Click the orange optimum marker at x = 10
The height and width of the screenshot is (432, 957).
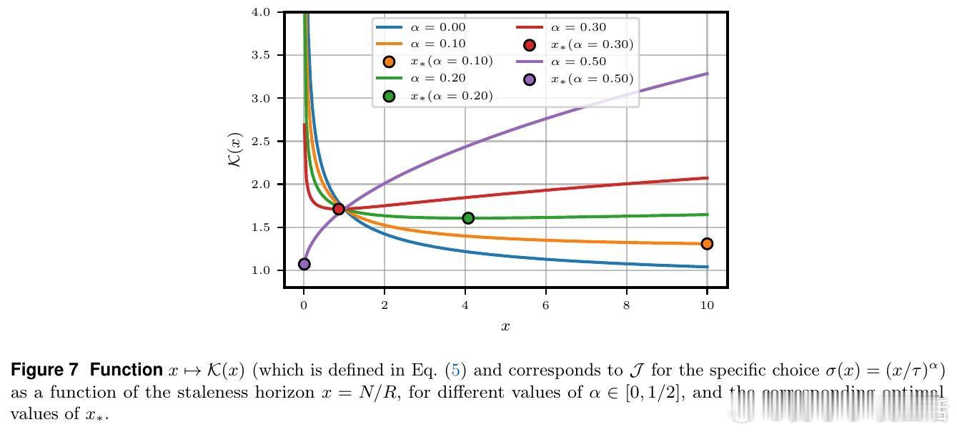707,244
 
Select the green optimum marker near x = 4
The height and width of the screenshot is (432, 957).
468,218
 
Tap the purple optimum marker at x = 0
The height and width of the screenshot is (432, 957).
304,264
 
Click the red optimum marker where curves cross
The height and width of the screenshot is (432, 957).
339,209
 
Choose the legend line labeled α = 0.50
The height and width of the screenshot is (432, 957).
577,62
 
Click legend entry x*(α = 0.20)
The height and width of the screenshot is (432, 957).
451,96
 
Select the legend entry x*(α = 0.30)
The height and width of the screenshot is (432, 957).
591,44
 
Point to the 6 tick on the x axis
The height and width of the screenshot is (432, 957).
546,304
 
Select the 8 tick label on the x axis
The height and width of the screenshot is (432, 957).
627,304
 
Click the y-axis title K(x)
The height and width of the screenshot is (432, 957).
235,150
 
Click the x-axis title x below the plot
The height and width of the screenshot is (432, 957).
505,327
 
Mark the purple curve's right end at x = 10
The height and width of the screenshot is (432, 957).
707,74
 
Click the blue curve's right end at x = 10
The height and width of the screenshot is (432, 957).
707,267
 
